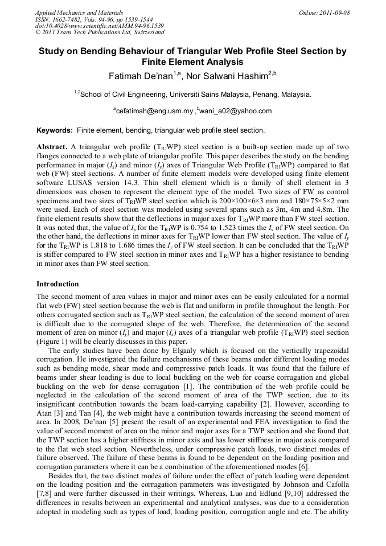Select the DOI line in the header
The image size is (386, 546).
[100, 26]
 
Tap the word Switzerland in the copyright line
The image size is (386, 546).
[144, 33]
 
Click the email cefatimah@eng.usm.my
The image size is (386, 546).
[152, 112]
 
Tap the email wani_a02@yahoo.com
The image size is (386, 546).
[235, 112]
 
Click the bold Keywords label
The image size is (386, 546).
[55, 130]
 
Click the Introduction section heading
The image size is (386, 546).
[58, 284]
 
